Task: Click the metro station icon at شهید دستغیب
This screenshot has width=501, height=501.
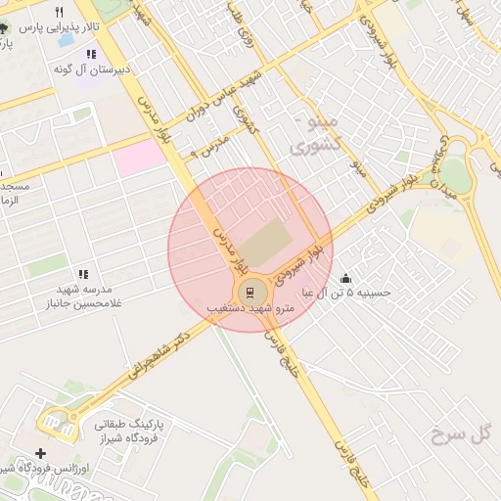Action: tap(250, 292)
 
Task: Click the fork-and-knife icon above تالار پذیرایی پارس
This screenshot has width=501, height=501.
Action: tap(59, 12)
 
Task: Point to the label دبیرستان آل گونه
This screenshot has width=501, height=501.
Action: tap(93, 69)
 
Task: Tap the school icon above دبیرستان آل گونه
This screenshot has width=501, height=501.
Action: tap(92, 55)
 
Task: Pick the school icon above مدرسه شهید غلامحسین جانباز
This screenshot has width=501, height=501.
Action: tap(83, 274)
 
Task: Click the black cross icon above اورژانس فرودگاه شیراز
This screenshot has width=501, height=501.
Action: tap(40, 453)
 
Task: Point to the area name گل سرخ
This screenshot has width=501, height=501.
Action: tap(457, 433)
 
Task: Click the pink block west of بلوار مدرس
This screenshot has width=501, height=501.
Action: tap(138, 158)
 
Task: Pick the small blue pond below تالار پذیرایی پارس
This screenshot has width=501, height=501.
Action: tap(66, 41)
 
